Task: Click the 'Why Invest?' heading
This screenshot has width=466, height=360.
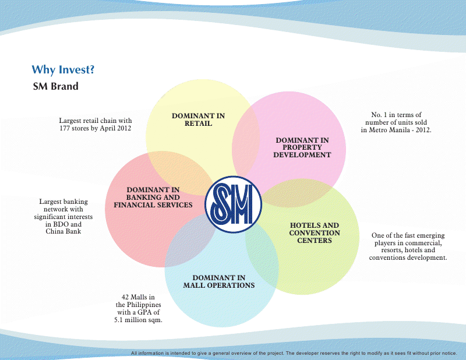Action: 63,70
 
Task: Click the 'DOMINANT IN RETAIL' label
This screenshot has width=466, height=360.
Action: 198,119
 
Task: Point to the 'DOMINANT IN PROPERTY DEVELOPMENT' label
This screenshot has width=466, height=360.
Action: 302,147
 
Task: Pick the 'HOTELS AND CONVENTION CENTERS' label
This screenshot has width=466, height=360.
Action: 315,232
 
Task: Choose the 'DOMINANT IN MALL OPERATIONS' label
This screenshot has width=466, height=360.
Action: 219,281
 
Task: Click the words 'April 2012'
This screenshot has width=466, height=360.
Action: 115,128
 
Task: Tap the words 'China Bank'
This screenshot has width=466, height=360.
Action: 63,232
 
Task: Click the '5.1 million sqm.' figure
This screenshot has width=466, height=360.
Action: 139,320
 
